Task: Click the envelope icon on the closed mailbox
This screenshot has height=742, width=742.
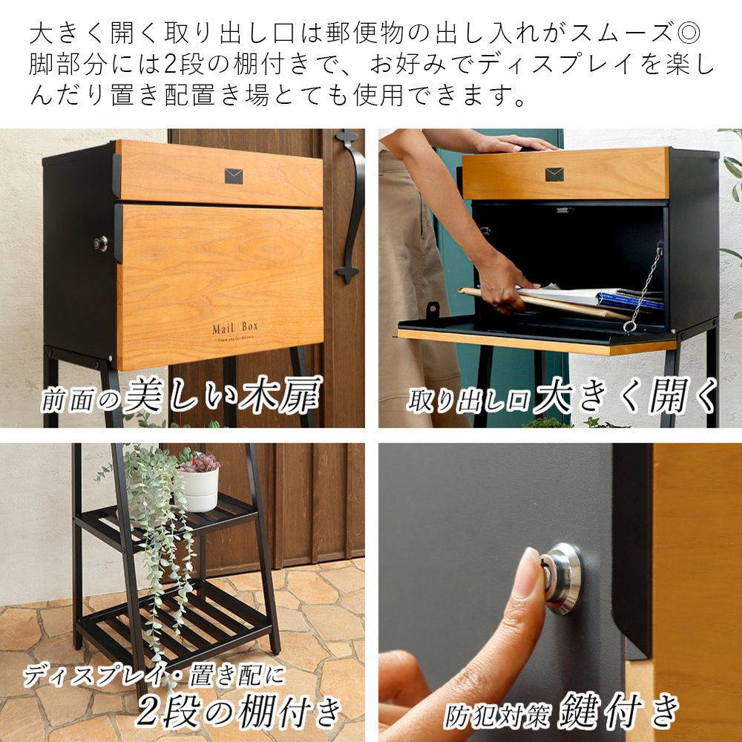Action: pyautogui.click(x=233, y=176)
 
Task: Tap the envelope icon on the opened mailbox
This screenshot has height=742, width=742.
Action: pyautogui.click(x=554, y=174)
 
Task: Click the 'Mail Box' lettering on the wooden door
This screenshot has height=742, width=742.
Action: pyautogui.click(x=235, y=327)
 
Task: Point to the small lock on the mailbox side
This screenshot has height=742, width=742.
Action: pyautogui.click(x=100, y=243)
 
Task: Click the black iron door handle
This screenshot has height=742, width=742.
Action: pyautogui.click(x=351, y=206)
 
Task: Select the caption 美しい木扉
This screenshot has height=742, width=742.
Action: pyautogui.click(x=223, y=395)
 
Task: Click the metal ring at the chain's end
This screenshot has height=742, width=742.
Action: pyautogui.click(x=629, y=326)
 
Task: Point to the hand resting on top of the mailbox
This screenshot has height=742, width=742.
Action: pyautogui.click(x=516, y=143)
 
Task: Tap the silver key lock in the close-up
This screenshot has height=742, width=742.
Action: pyautogui.click(x=562, y=579)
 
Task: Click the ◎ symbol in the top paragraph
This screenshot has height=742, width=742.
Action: pyautogui.click(x=688, y=33)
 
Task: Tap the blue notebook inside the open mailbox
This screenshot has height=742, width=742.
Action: pyautogui.click(x=629, y=301)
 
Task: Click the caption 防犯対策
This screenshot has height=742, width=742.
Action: pyautogui.click(x=497, y=717)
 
